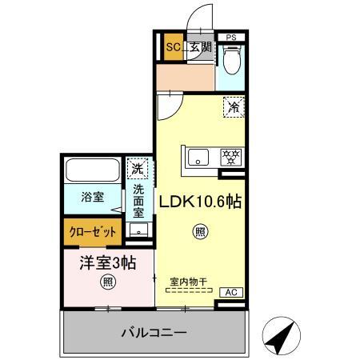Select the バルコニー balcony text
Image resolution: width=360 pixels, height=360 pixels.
[x=154, y=331]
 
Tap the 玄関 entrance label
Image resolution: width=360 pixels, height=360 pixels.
[x=199, y=47]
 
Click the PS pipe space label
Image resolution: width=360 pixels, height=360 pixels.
[x=231, y=37]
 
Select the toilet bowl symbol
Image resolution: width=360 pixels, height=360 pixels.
[x=231, y=60]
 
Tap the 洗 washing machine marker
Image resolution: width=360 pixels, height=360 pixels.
[x=138, y=169]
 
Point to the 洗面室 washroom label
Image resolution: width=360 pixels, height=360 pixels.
[x=138, y=202]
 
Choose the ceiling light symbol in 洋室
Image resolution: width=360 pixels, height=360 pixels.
[x=106, y=282]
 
